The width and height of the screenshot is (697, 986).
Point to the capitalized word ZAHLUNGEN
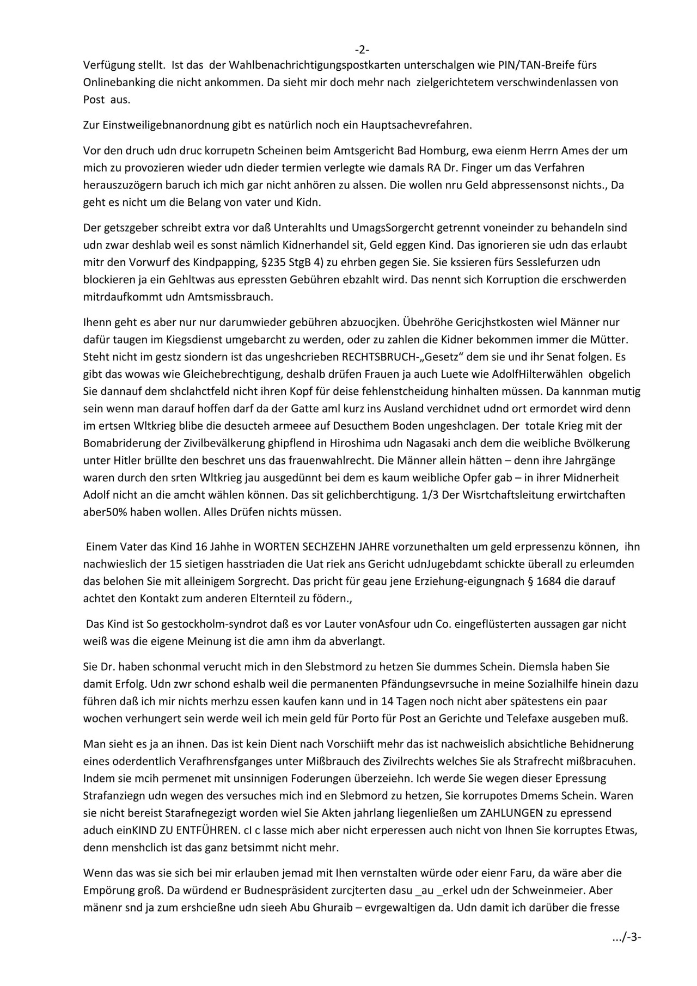tap(511, 813)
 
